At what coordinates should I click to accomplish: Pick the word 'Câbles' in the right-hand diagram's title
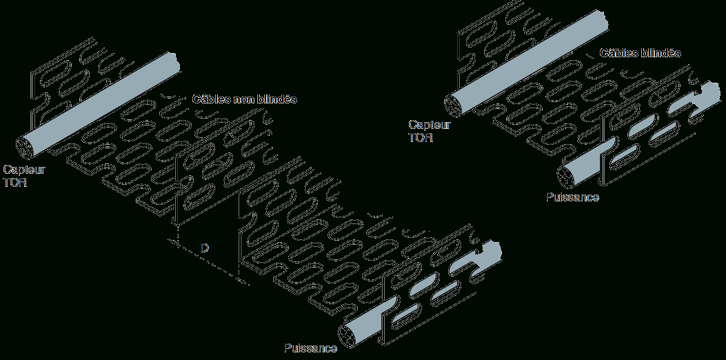[x=618, y=53]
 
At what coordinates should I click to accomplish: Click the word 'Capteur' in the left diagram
[x=24, y=169]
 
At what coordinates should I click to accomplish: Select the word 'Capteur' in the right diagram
[x=429, y=125]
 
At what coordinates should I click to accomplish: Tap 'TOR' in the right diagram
[x=421, y=137]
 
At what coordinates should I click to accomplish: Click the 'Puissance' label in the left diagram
[x=310, y=348]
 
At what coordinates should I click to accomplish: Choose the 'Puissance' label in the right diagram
[x=572, y=197]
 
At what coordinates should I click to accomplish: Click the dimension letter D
[x=204, y=246]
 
